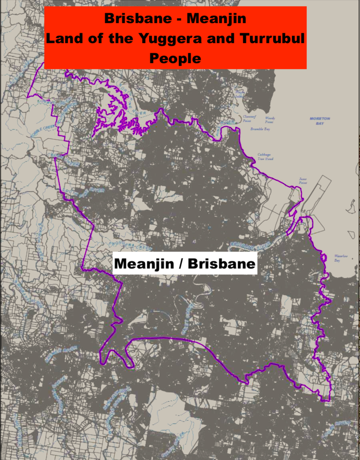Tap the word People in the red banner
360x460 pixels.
click(175, 58)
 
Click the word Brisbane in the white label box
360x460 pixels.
click(221, 264)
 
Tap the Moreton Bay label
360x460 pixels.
click(320, 121)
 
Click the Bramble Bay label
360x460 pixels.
click(260, 129)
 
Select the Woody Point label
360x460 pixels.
click(270, 120)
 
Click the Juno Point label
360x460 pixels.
click(303, 181)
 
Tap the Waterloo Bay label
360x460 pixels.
click(339, 258)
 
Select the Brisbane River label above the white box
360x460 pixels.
click(248, 245)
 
